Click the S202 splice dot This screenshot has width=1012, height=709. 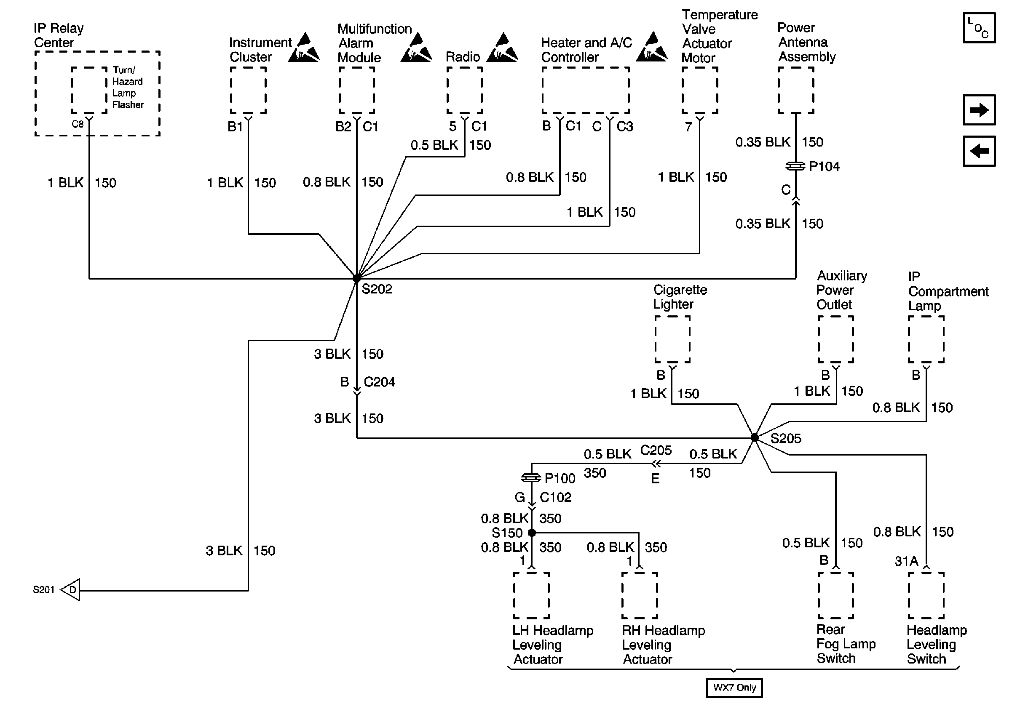click(356, 278)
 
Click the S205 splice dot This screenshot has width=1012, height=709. click(755, 437)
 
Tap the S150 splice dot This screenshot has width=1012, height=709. click(532, 533)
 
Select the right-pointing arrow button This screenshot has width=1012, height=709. click(979, 110)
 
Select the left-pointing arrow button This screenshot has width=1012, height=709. click(979, 151)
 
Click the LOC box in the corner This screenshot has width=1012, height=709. click(979, 28)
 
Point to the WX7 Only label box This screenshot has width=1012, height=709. click(734, 688)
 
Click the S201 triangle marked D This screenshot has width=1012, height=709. click(71, 590)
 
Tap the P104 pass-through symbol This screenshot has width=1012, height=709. click(795, 166)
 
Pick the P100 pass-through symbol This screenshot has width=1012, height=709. click(531, 477)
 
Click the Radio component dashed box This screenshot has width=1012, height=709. click(465, 90)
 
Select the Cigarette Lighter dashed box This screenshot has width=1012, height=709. click(672, 339)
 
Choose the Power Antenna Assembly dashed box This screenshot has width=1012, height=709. click(795, 90)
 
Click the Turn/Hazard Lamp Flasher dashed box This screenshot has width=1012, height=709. click(89, 90)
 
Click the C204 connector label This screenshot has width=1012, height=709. click(379, 382)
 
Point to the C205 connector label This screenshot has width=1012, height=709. click(656, 450)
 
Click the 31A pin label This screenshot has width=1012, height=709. click(906, 561)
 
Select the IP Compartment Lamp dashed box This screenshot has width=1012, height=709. click(926, 339)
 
